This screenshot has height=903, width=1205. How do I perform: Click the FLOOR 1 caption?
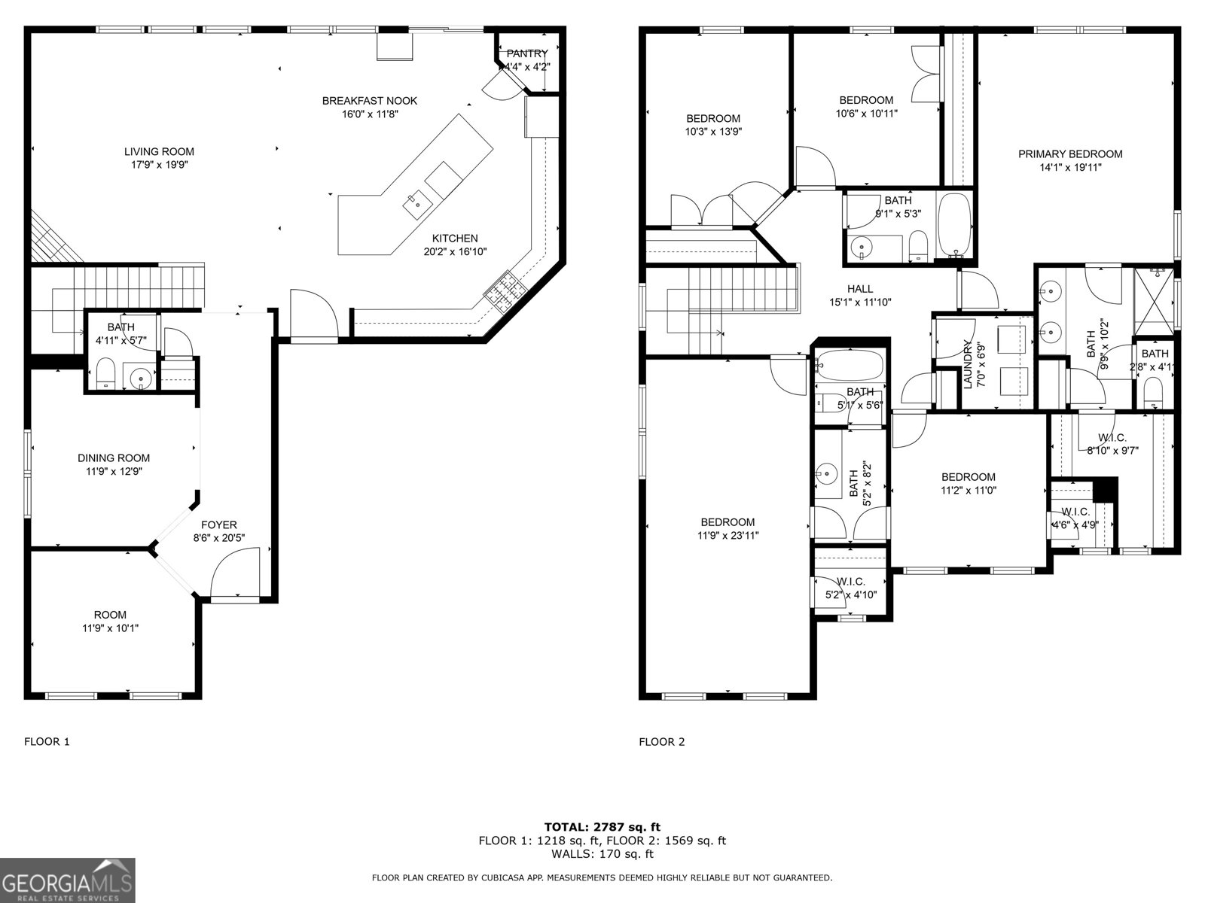pyautogui.click(x=47, y=741)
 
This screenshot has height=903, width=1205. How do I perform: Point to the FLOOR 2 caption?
pyautogui.click(x=662, y=741)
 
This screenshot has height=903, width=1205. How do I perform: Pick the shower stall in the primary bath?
pyautogui.click(x=1154, y=299)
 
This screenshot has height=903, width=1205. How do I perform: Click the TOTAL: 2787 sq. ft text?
pyautogui.click(x=602, y=827)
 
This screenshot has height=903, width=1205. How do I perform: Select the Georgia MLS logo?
pyautogui.click(x=68, y=880)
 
